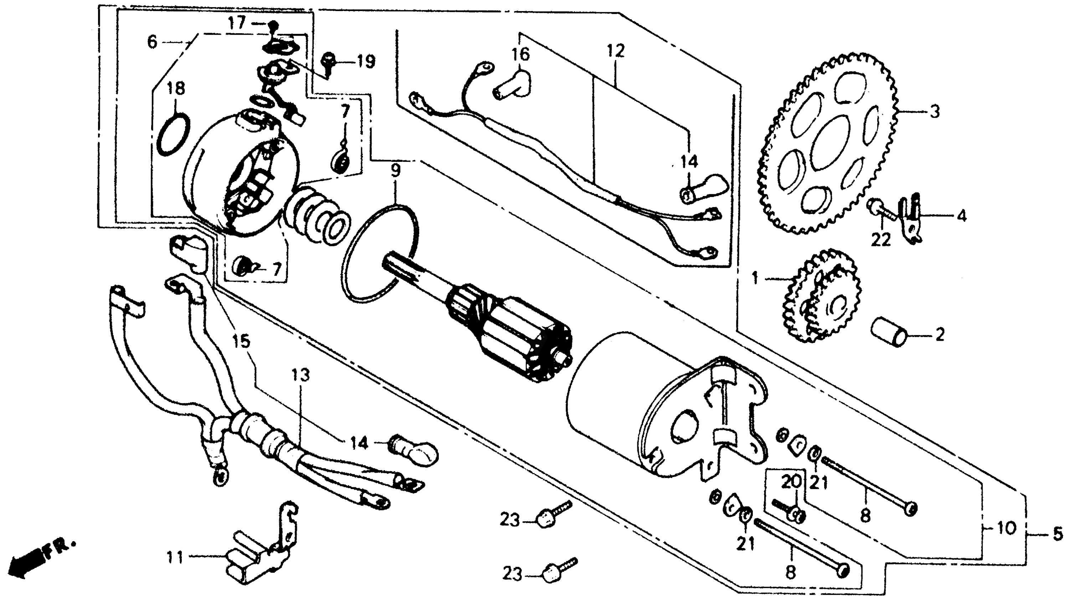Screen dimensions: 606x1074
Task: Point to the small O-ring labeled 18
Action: click(174, 137)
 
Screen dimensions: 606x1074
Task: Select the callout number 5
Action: click(1057, 534)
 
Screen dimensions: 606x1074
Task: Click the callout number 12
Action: click(616, 51)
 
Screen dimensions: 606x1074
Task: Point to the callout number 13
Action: click(300, 375)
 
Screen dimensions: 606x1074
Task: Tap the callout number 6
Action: click(153, 42)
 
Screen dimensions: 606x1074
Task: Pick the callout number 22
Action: click(880, 240)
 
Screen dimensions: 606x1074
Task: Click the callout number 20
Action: click(791, 482)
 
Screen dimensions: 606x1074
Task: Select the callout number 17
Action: click(237, 22)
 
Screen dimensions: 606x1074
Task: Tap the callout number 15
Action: click(241, 341)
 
